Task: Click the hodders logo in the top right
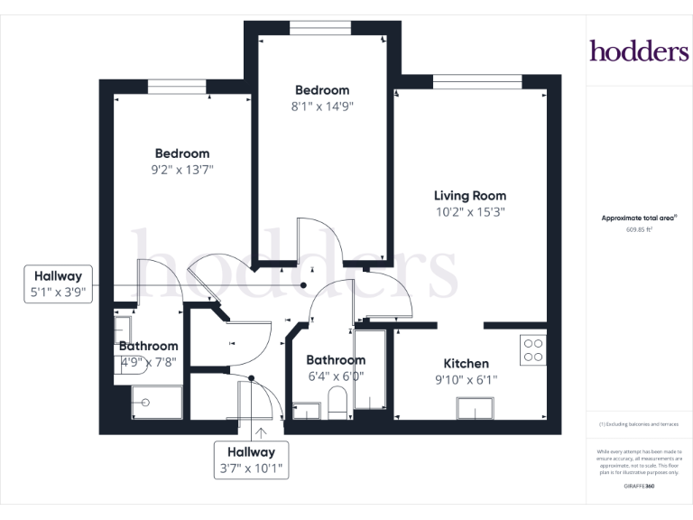point(639,51)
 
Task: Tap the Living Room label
point(469,195)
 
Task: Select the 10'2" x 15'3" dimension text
point(469,213)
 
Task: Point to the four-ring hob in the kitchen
point(532,349)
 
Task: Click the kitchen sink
point(476,409)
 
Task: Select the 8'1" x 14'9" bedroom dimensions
point(322,106)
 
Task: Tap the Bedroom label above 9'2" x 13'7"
point(181,153)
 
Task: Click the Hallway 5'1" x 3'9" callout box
point(59,284)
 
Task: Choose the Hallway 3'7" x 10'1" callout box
point(250,460)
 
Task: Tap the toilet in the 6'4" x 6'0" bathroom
point(337,404)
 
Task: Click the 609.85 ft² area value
point(639,230)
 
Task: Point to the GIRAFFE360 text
point(639,487)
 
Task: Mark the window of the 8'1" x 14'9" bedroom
point(320,28)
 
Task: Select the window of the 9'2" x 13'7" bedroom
point(178,87)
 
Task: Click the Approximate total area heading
point(639,218)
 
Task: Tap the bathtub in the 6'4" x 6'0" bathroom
point(369,371)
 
